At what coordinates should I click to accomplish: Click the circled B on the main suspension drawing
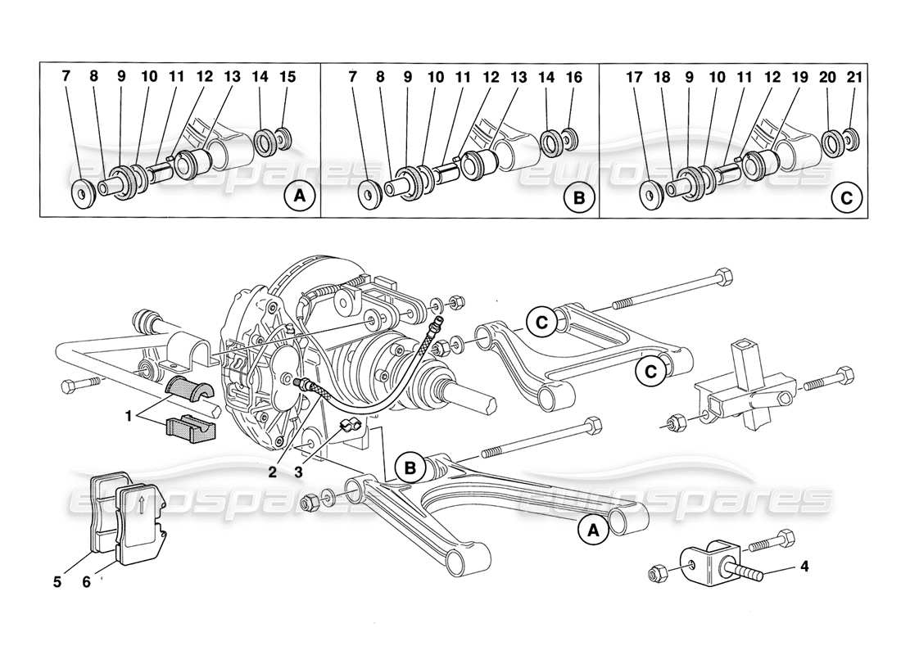[410, 468]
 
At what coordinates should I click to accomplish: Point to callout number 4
[806, 566]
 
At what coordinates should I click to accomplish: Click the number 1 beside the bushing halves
[129, 416]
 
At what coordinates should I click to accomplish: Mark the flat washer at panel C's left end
[652, 196]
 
